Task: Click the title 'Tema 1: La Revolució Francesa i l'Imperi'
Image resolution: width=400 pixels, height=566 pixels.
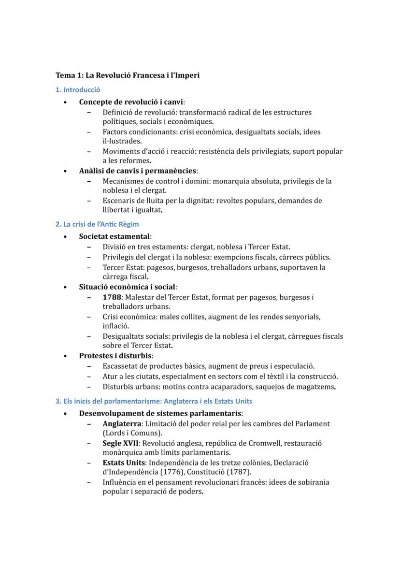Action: point(128,75)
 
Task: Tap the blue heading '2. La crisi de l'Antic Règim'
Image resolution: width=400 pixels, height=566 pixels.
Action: point(97,224)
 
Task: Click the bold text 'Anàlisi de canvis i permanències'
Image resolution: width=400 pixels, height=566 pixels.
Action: point(138,171)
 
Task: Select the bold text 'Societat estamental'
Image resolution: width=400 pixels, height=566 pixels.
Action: point(114,236)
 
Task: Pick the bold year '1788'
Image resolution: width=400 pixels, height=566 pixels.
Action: point(112,297)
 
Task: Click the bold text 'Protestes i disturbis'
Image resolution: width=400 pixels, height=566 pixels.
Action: point(115,356)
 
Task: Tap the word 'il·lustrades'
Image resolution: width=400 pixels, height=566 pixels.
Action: point(122,141)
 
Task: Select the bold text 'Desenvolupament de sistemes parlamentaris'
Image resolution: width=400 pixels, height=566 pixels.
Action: point(160,413)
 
